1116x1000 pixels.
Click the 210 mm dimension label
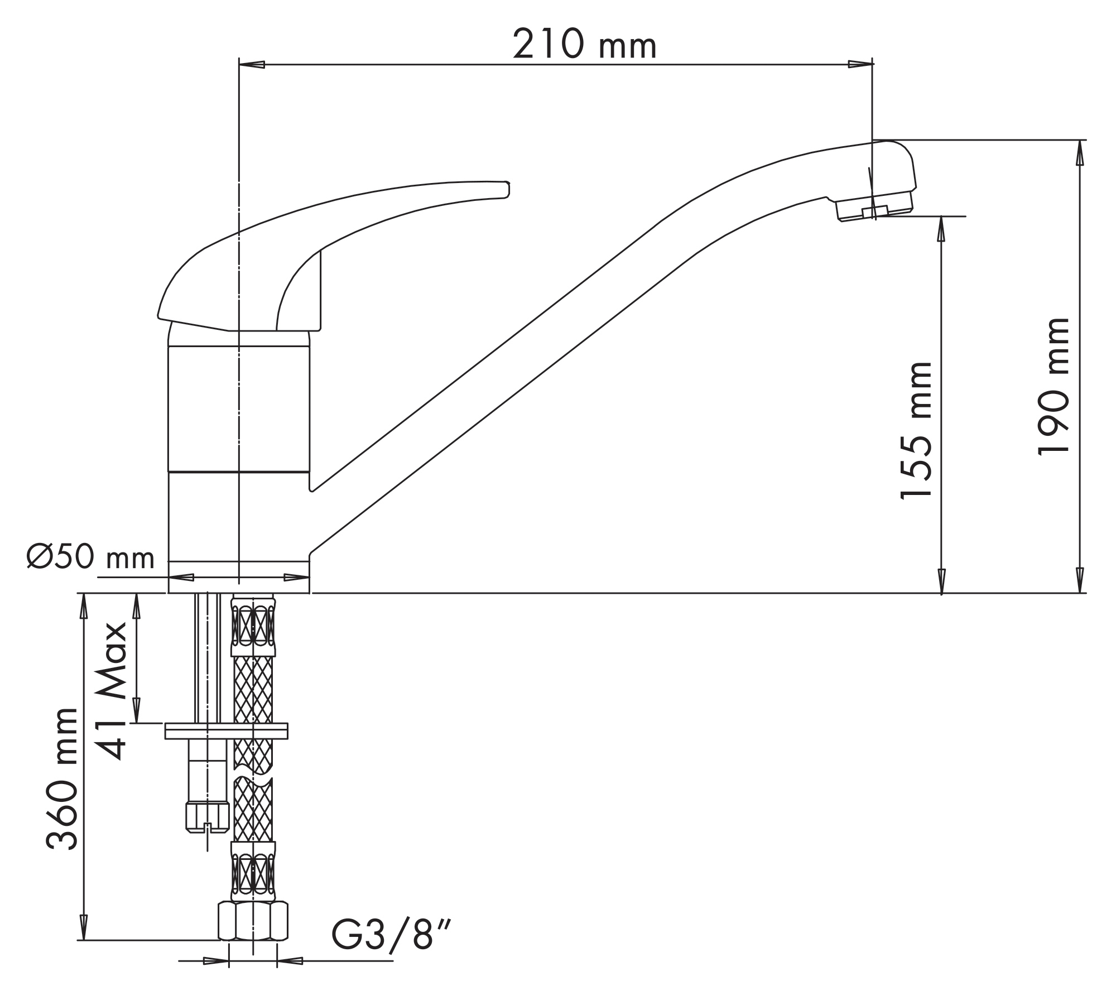[584, 44]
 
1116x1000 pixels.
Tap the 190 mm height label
[1054, 387]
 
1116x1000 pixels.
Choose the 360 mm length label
[61, 779]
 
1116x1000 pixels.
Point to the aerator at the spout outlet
[874, 207]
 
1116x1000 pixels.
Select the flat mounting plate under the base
[227, 731]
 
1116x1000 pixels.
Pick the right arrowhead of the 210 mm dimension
[860, 64]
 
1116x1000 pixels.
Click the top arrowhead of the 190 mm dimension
[1080, 153]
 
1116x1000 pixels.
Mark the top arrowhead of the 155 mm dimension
[941, 229]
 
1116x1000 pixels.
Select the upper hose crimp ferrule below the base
[253, 626]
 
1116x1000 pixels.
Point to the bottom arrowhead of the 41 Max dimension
[136, 709]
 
